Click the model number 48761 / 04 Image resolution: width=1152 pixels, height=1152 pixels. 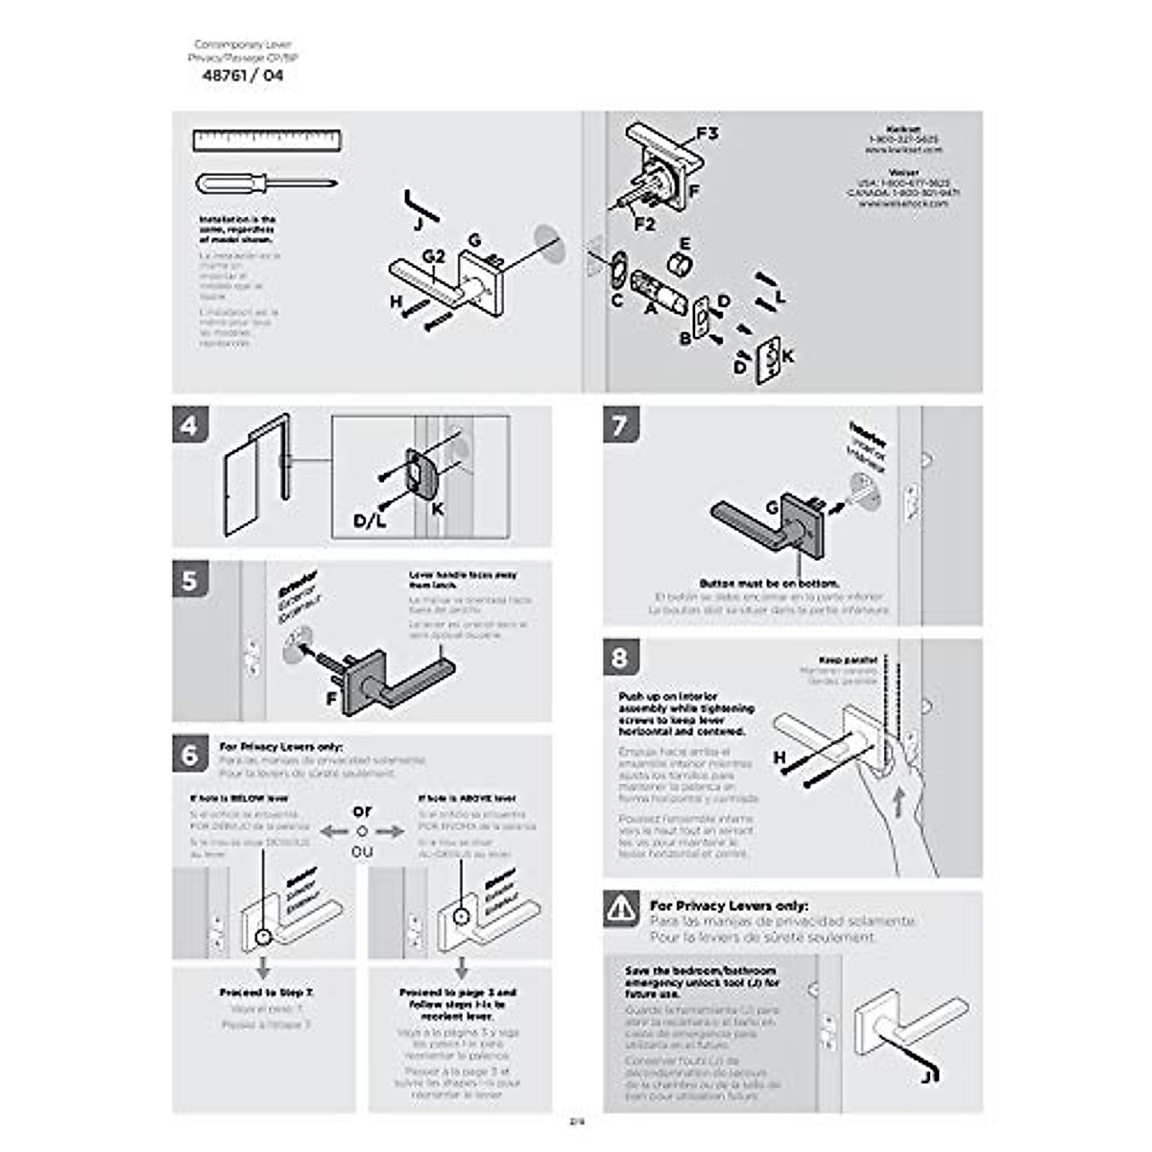click(243, 76)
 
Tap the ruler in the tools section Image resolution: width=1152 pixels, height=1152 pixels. click(267, 141)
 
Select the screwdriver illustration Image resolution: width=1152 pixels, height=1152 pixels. click(266, 182)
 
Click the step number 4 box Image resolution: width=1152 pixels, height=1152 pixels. click(190, 424)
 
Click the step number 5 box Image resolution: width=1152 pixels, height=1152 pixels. click(190, 581)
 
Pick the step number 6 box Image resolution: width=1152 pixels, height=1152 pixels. click(190, 755)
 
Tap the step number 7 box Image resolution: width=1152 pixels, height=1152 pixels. click(621, 424)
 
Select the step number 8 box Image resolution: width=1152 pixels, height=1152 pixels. click(621, 658)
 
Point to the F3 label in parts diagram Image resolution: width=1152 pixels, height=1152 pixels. click(706, 133)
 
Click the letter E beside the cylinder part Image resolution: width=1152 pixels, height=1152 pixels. click(685, 245)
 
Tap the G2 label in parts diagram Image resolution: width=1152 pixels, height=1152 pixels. click(434, 256)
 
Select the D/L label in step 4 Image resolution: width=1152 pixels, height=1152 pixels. click(370, 521)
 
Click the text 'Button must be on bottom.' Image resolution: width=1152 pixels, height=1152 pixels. click(769, 583)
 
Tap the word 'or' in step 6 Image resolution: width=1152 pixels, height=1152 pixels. click(362, 810)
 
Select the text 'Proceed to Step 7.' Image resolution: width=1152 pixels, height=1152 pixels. click(266, 992)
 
